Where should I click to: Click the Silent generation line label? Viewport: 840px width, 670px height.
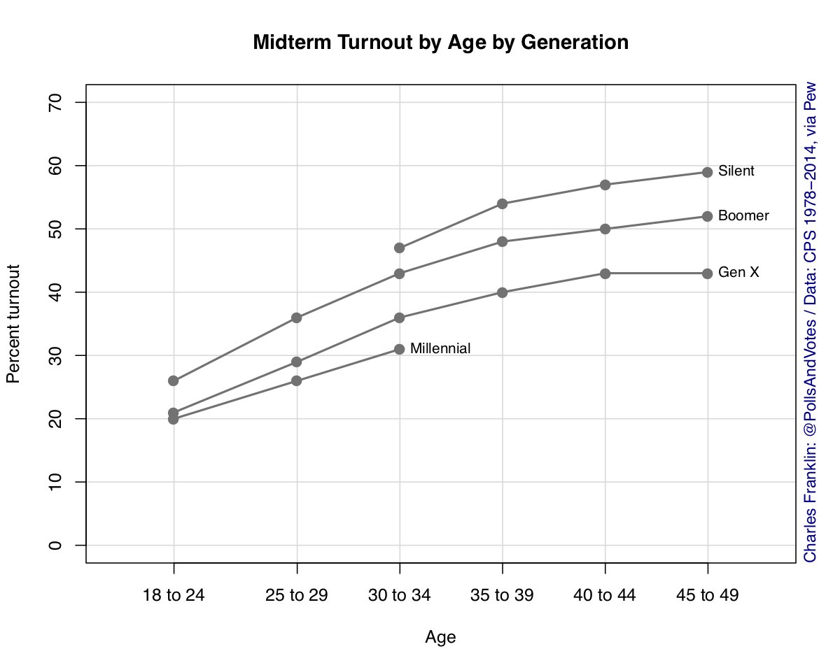tap(736, 171)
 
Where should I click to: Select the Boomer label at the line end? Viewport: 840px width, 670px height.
tap(743, 216)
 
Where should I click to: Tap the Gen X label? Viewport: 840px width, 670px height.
tap(738, 273)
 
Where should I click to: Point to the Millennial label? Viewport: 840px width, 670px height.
tap(440, 348)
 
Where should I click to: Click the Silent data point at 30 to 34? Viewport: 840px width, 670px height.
tap(400, 248)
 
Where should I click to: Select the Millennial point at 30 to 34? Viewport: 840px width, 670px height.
tap(400, 349)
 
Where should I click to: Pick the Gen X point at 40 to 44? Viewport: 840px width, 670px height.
tap(605, 273)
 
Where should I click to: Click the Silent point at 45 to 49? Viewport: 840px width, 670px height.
tap(707, 172)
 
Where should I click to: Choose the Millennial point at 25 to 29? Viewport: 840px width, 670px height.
tap(297, 380)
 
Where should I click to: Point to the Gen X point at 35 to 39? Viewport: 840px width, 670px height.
tap(502, 292)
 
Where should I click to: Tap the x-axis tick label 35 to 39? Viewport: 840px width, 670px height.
tap(502, 596)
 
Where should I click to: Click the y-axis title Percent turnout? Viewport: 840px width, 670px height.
tap(13, 324)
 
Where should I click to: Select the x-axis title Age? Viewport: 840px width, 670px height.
tap(440, 637)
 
